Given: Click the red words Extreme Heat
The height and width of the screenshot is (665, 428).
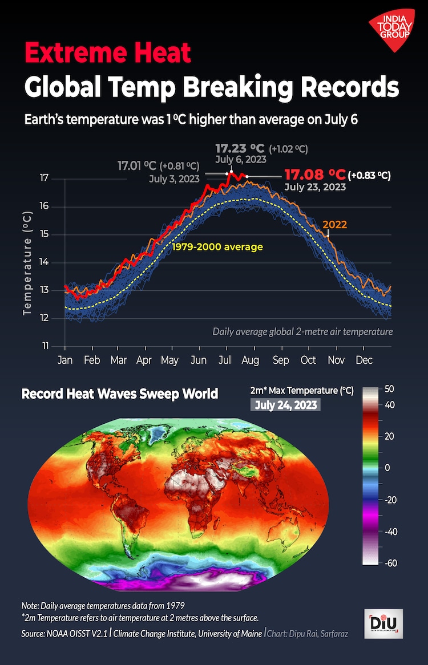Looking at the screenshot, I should tap(107, 54).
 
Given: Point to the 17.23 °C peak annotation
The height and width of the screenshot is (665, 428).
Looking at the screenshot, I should tap(240, 148).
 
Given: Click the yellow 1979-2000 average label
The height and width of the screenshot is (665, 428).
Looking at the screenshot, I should tap(218, 247).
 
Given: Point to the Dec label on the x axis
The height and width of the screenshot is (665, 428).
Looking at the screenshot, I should tap(364, 360).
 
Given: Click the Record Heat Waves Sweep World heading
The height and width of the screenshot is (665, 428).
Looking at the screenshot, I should tap(120, 394).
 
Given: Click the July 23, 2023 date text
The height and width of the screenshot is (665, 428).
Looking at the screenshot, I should tap(314, 186).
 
